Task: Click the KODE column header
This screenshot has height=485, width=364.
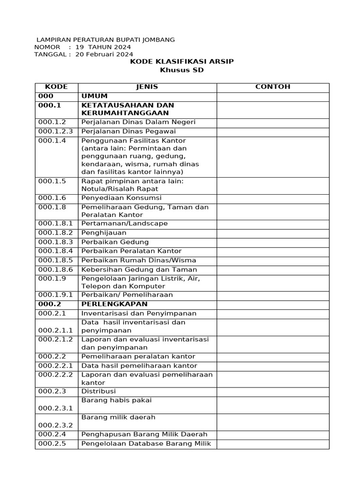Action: (56, 87)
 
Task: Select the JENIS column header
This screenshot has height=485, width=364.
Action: (147, 87)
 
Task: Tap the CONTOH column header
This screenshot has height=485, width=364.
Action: (273, 87)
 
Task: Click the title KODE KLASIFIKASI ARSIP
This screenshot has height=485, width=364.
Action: (182, 62)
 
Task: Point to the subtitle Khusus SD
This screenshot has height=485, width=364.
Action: (182, 71)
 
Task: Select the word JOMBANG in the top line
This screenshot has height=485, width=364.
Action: (158, 40)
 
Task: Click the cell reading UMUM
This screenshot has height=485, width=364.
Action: (94, 96)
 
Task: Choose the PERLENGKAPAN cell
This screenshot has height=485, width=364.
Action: (114, 304)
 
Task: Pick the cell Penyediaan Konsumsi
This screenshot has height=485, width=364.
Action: (121, 198)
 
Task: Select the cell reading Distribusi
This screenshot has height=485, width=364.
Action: (99, 392)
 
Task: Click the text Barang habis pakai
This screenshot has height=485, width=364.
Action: (117, 400)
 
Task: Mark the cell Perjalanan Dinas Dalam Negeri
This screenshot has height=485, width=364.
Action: (138, 122)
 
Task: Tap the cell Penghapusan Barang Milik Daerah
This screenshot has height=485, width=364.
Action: (145, 434)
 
